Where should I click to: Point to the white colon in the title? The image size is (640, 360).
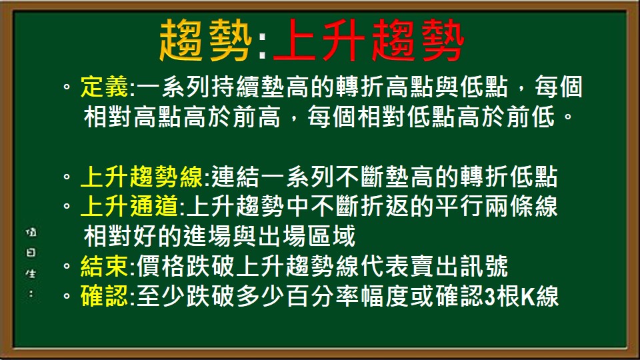262,44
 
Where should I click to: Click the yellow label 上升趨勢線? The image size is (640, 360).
144,179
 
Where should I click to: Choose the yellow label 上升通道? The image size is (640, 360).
130,207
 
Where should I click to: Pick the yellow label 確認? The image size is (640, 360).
105,296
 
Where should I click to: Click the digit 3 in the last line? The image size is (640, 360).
490,296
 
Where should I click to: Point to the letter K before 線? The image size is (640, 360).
525,296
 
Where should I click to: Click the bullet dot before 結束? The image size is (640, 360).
67,267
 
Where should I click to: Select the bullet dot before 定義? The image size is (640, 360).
67,88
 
